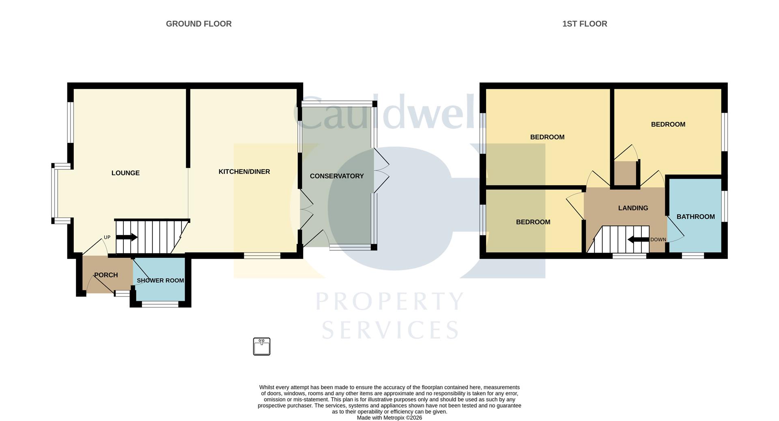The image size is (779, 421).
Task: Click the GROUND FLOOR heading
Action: click(x=198, y=24)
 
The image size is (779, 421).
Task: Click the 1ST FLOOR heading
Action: click(x=584, y=24)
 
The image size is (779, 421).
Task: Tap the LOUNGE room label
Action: click(x=125, y=173)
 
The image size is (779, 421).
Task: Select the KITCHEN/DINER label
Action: click(x=244, y=172)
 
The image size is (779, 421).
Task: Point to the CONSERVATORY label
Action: click(x=336, y=176)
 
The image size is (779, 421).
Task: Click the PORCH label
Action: click(x=106, y=275)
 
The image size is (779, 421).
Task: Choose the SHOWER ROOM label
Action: click(x=160, y=281)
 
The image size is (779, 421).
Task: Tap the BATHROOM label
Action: click(x=695, y=217)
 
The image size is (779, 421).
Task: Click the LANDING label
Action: click(x=633, y=208)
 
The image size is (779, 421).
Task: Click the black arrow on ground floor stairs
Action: click(x=127, y=237)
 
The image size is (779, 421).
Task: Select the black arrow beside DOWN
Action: click(x=638, y=240)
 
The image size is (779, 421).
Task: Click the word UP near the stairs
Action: click(x=107, y=237)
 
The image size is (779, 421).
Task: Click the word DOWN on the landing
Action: click(x=658, y=240)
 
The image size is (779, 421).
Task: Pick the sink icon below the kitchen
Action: click(x=262, y=347)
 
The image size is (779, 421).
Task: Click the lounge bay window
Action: click(x=54, y=193)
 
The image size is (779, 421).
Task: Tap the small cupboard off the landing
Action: click(x=625, y=173)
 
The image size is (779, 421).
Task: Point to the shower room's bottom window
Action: click(x=160, y=304)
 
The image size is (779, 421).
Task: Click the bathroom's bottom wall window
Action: click(x=693, y=256)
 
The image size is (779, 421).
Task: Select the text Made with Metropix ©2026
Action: click(x=389, y=418)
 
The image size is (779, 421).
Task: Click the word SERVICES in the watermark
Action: click(x=390, y=330)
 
